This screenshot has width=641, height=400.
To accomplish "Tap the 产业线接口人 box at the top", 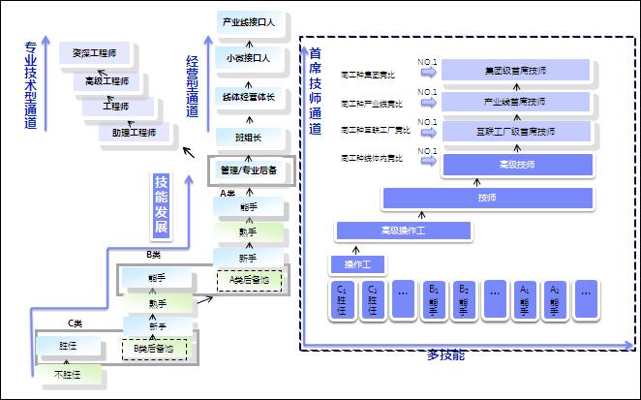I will (249, 21).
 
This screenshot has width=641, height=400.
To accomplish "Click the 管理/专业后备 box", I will (249, 169).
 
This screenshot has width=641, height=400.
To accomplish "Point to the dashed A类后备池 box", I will (249, 280).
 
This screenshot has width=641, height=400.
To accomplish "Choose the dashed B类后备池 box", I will (155, 347).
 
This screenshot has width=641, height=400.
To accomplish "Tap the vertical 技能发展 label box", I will (162, 205).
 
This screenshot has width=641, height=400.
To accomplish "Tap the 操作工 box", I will (358, 263).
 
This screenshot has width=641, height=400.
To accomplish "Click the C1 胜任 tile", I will (342, 298).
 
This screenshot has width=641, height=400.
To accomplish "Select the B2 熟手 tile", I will (464, 298).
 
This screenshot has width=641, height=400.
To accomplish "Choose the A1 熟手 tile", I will (525, 298).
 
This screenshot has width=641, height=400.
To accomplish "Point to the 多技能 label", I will (445, 354).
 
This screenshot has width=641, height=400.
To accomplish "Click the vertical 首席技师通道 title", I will (316, 92).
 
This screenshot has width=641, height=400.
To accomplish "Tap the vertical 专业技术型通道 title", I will (31, 85).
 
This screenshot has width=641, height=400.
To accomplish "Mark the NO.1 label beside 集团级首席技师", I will (427, 63).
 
